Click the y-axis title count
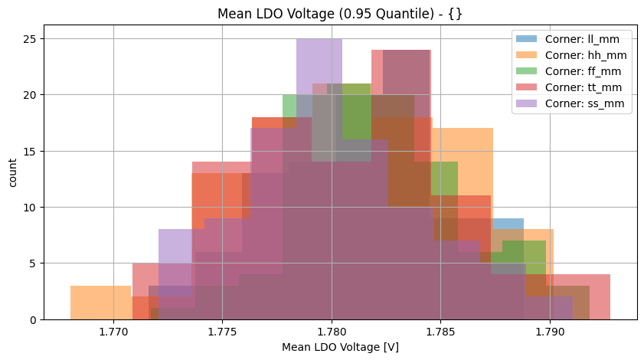coord(12,170)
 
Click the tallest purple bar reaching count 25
coord(319,61)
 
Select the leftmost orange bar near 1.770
coord(100,303)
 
